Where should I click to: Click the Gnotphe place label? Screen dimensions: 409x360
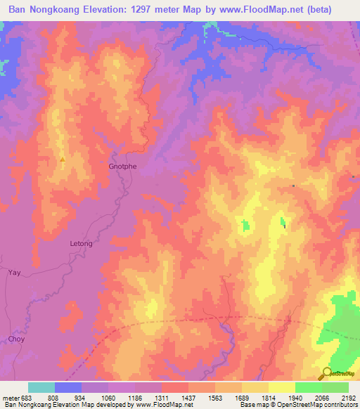click(122, 167)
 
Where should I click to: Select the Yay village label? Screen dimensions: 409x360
click(14, 271)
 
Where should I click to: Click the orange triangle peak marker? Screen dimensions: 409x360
click(63, 160)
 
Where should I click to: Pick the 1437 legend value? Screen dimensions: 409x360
click(188, 398)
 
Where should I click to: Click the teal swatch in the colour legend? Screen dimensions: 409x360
click(41, 387)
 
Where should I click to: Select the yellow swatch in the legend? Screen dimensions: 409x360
click(282, 387)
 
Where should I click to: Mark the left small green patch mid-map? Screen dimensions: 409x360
click(245, 226)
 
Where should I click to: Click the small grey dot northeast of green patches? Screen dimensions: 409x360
click(293, 186)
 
